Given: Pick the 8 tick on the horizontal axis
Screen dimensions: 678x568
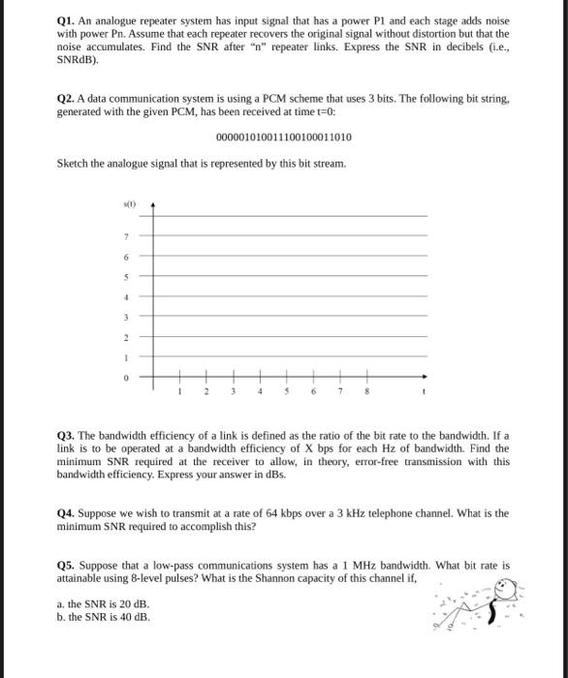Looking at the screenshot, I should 367,393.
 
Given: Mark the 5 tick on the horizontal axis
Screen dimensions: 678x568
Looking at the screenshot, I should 287,393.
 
